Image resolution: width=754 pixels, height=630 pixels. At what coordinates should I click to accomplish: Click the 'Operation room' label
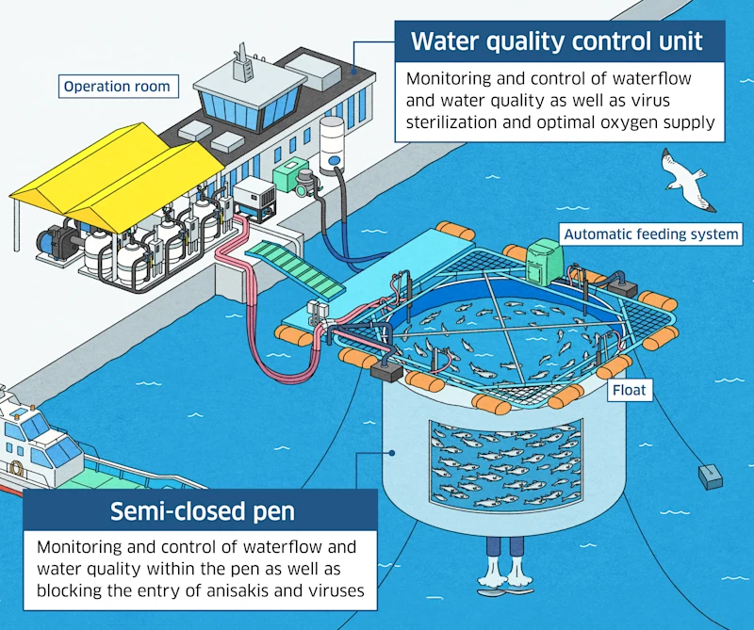pyautogui.click(x=117, y=87)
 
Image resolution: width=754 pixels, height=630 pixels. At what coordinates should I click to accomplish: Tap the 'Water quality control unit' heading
pyautogui.click(x=557, y=42)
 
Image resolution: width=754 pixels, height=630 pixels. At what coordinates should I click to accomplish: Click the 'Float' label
pyautogui.click(x=630, y=388)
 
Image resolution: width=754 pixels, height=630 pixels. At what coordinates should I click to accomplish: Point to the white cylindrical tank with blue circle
pyautogui.click(x=333, y=146)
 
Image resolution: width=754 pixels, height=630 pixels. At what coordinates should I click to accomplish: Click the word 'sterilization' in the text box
pyautogui.click(x=451, y=121)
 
